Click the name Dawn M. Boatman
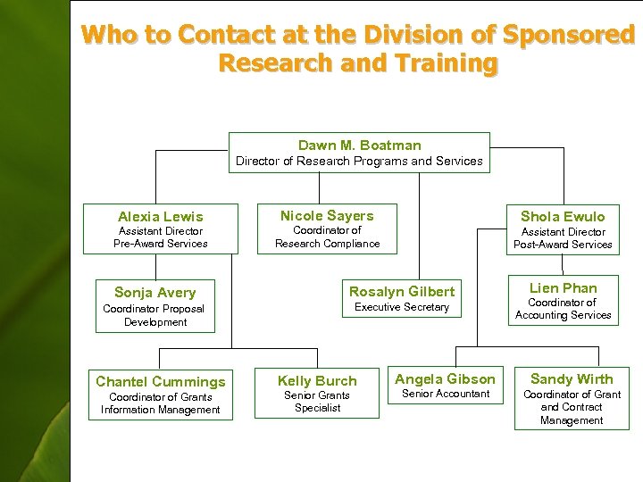(x=359, y=145)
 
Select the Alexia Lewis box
(x=161, y=229)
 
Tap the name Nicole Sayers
(x=327, y=216)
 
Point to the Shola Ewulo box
(x=563, y=229)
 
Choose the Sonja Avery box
(x=155, y=306)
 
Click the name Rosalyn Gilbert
(x=402, y=292)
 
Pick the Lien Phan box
(x=563, y=301)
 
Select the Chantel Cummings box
(x=161, y=395)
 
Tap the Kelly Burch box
(x=317, y=394)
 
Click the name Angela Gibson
(x=445, y=379)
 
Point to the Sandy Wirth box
(x=572, y=399)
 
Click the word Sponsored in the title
(x=569, y=36)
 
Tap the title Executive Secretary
(x=402, y=307)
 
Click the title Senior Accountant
(x=446, y=394)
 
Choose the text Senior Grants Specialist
(x=317, y=402)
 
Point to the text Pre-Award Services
(x=161, y=244)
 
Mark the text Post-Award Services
(x=563, y=245)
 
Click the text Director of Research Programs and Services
(x=359, y=162)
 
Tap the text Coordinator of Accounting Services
(x=563, y=309)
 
